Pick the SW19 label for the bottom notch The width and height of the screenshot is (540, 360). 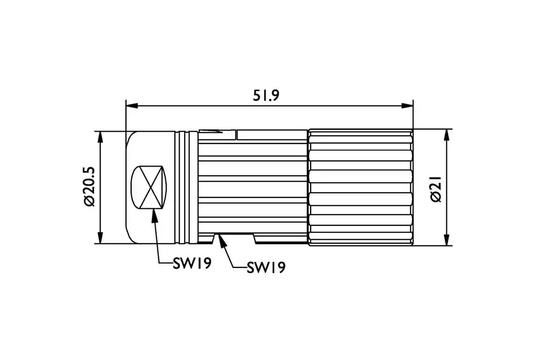tap(266, 268)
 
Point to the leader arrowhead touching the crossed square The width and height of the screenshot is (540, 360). tap(154, 215)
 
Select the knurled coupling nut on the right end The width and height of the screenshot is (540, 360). tap(361, 187)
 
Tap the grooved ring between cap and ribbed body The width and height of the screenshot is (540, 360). tap(186, 187)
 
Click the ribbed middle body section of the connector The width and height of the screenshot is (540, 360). tap(252, 187)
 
